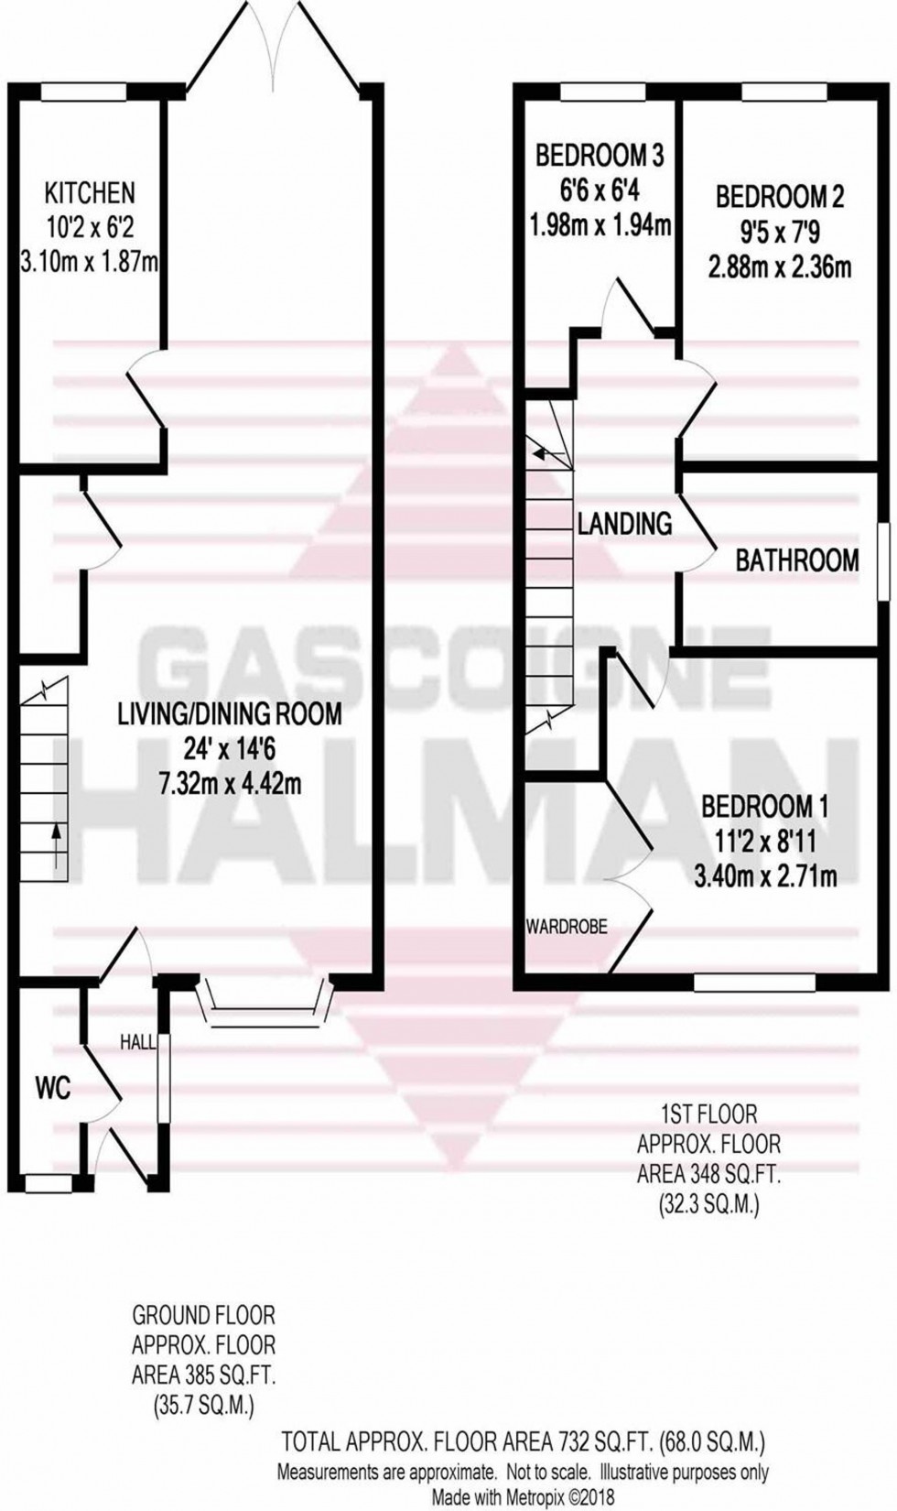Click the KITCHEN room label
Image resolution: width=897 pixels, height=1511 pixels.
(x=90, y=192)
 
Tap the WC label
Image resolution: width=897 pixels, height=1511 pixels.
(x=53, y=1088)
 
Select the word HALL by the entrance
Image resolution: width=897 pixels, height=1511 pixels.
(x=137, y=1041)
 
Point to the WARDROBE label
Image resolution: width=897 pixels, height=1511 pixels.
(x=567, y=927)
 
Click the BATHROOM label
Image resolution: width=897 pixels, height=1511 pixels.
(x=796, y=560)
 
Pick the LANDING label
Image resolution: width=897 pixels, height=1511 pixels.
(x=624, y=523)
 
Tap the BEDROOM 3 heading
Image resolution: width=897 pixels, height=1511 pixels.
(x=599, y=156)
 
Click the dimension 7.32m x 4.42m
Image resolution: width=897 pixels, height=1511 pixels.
(x=230, y=784)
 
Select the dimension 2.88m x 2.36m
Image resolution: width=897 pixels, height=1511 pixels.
(x=779, y=267)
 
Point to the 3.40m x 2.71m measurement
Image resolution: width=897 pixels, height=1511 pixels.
(x=765, y=876)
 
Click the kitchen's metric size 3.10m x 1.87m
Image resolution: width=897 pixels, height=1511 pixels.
(x=90, y=263)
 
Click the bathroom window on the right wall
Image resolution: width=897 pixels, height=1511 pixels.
(x=884, y=560)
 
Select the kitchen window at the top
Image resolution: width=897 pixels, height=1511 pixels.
(x=84, y=91)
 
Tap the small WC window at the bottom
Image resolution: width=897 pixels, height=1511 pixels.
(x=49, y=1185)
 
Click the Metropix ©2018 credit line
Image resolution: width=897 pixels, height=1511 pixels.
(x=523, y=1495)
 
